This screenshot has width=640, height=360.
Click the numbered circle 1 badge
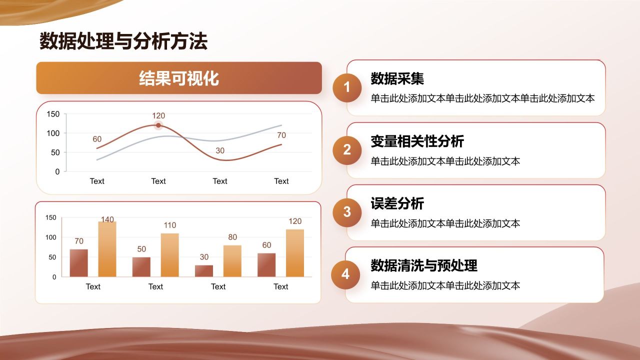[x=347, y=87]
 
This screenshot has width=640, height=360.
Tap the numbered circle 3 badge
[x=347, y=212]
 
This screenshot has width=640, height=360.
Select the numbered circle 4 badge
[x=345, y=274]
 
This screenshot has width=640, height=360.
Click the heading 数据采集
[x=397, y=78]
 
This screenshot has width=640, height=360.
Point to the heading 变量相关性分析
[x=417, y=141]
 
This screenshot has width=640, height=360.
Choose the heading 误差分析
[x=397, y=203]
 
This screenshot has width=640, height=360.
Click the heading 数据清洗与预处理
[x=424, y=265]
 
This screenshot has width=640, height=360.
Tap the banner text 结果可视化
[x=179, y=78]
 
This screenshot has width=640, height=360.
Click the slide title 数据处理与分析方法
[x=123, y=41]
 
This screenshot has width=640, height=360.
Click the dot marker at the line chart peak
[x=158, y=125]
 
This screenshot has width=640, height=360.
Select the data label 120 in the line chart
[x=158, y=115]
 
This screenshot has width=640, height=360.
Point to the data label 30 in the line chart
[x=220, y=150]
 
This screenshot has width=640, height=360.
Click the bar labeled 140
[x=107, y=249]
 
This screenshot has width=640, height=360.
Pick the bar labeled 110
[x=169, y=255]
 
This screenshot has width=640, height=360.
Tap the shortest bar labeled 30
[x=204, y=271]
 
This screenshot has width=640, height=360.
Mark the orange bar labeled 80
[x=232, y=261]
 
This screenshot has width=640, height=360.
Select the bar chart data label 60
[x=266, y=245]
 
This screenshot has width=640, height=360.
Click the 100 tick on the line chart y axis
[x=53, y=133]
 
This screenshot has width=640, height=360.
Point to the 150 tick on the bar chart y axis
[x=51, y=217]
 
